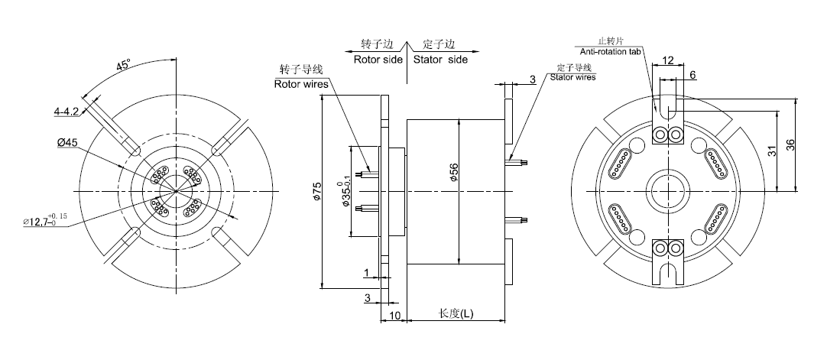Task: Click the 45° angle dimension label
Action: pyautogui.click(x=122, y=66)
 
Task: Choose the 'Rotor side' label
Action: pyautogui.click(x=378, y=59)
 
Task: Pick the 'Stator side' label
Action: pyautogui.click(x=440, y=59)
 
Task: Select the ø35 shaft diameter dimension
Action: pyautogui.click(x=345, y=190)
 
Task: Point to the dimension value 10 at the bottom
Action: pyautogui.click(x=395, y=314)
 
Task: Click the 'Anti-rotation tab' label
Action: pyautogui.click(x=610, y=51)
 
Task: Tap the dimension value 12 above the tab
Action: pyautogui.click(x=667, y=59)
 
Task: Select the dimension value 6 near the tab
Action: pyautogui.click(x=692, y=75)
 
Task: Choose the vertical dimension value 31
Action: pyautogui.click(x=773, y=151)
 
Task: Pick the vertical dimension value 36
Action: pyautogui.click(x=790, y=144)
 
